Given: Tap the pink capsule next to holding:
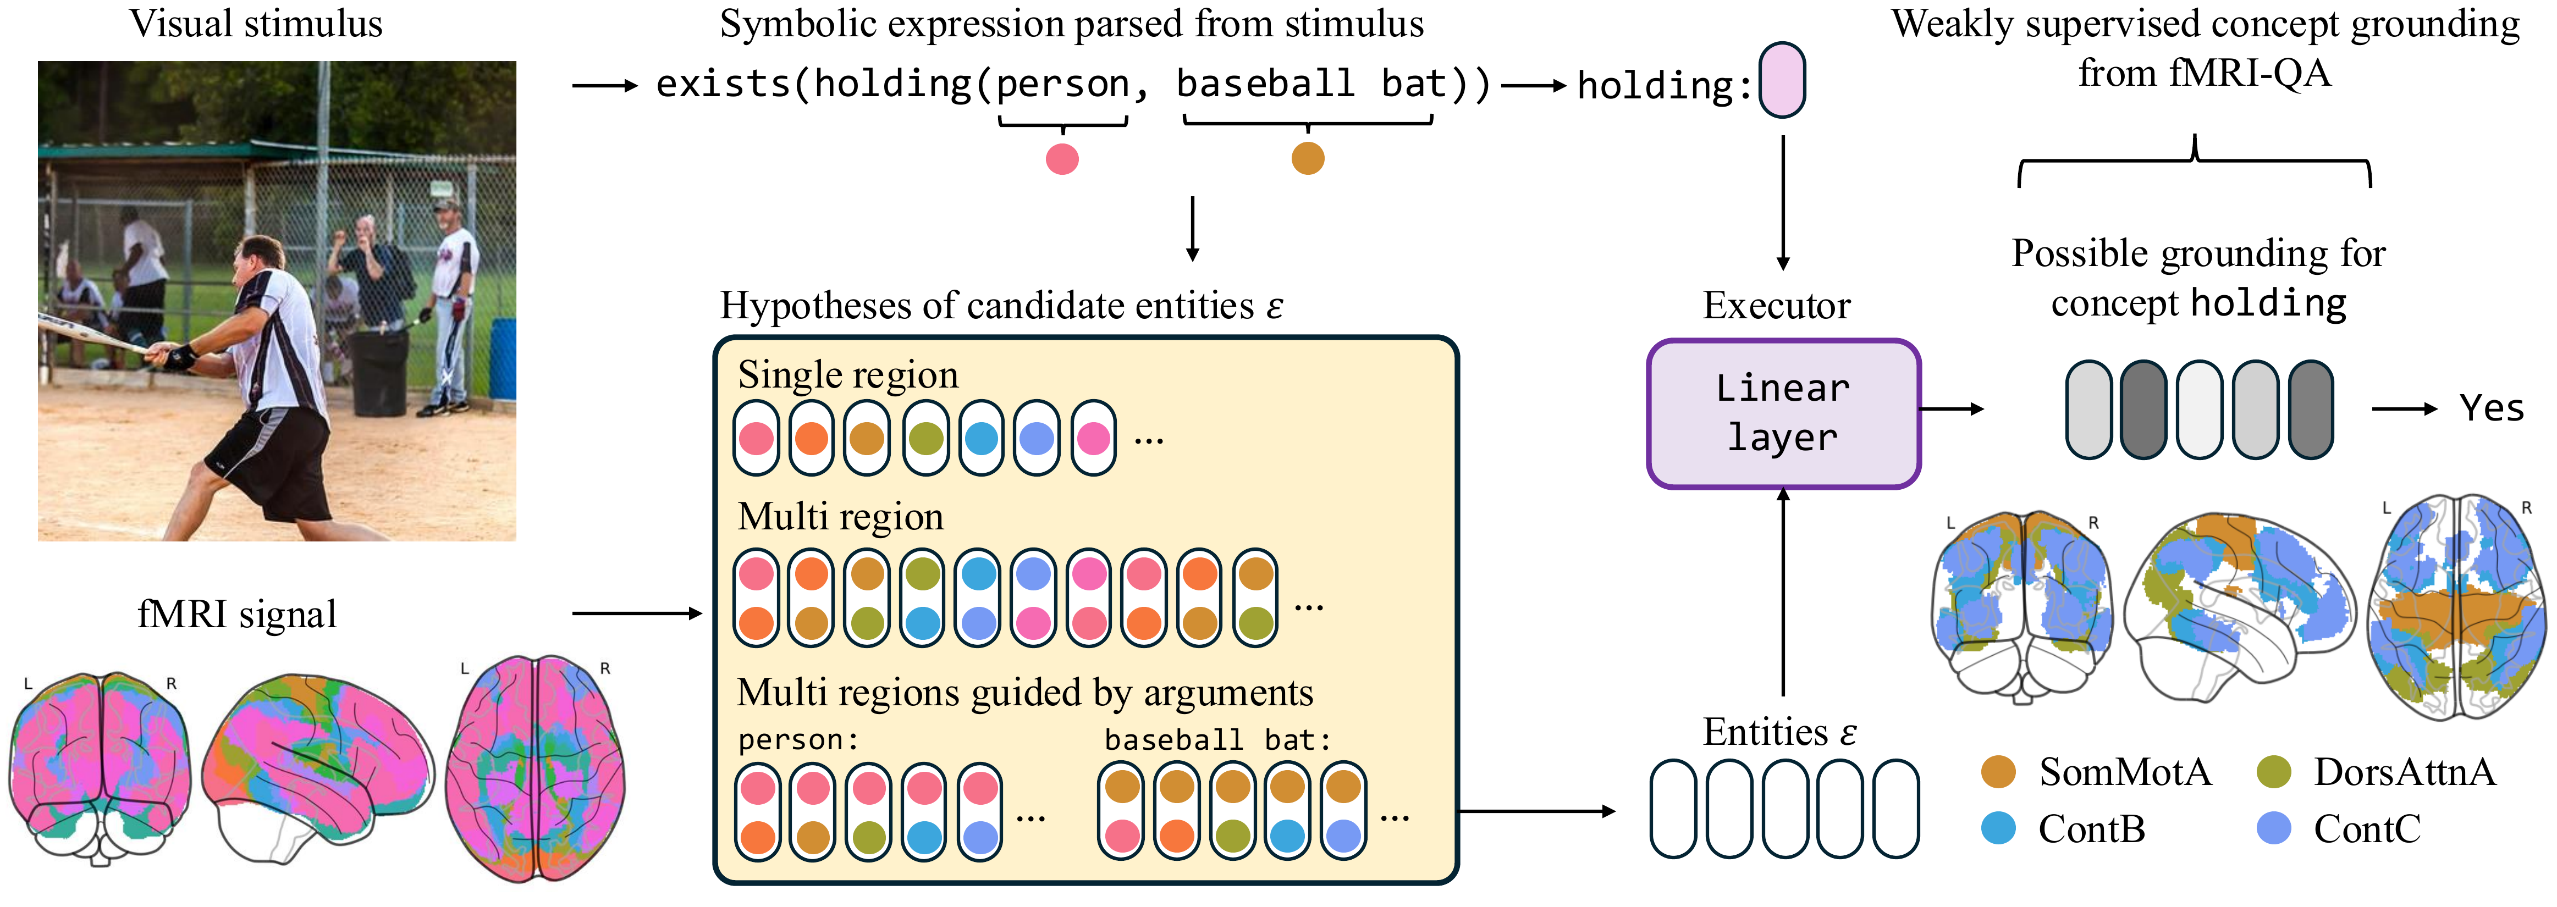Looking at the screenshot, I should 1782,80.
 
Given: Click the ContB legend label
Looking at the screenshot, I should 2091,828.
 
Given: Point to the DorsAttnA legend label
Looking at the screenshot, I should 2404,771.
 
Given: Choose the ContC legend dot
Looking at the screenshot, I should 2273,828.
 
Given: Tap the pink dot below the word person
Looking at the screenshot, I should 1061,159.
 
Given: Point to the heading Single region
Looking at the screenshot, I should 848,375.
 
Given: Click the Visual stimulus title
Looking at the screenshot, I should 256,24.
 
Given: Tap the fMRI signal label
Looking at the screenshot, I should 236,614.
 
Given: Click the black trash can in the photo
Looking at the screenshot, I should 379,372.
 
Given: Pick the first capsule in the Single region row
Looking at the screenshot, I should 757,438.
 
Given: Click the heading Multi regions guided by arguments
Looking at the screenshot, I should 1024,693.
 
